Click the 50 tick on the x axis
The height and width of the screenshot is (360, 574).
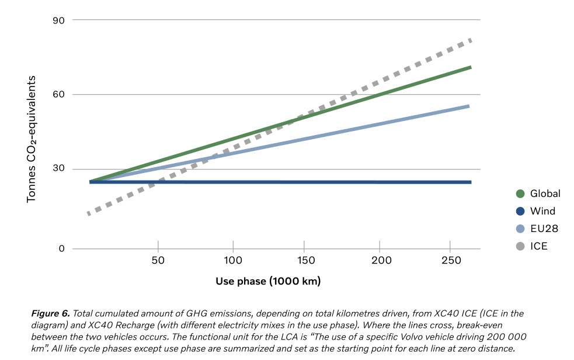158,259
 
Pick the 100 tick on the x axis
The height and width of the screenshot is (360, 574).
233,259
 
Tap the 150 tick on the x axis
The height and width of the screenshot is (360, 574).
307,259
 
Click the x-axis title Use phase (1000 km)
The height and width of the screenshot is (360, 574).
268,281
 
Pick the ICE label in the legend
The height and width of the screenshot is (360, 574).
538,246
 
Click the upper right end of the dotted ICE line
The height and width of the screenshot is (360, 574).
469,40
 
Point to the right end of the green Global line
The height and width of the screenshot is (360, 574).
469,68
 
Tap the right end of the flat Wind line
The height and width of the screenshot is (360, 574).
469,182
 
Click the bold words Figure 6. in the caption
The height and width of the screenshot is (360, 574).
51,314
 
